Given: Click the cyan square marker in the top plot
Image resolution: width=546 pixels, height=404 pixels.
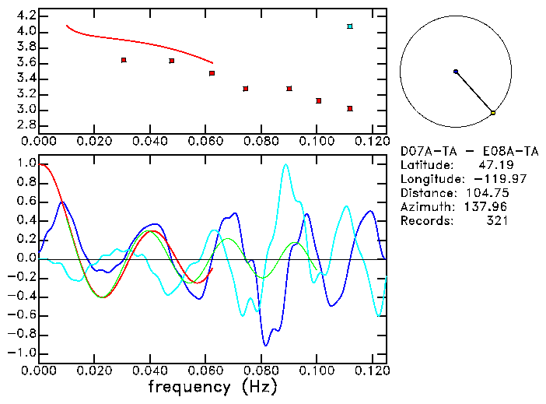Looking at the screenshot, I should click(x=350, y=26).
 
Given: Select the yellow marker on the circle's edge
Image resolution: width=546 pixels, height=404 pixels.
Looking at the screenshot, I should click(x=493, y=113).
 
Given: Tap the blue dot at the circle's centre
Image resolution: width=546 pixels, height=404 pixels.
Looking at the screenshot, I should click(x=456, y=72).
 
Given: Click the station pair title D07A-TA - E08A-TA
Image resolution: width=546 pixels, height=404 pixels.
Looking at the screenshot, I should click(x=468, y=151).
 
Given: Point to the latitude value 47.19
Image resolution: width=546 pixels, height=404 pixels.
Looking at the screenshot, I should click(x=491, y=165).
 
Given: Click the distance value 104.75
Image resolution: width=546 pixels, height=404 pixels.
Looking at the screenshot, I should click(x=487, y=193).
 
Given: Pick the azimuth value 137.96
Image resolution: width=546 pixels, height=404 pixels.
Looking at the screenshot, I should click(x=487, y=207).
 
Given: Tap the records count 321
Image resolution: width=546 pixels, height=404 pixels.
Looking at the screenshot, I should click(x=497, y=221).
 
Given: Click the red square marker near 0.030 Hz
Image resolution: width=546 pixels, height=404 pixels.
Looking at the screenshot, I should click(x=124, y=60).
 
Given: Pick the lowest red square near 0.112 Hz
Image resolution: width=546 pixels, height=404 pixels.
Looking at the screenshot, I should click(x=350, y=108).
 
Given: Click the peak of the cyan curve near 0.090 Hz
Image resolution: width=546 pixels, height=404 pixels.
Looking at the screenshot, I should click(x=286, y=165).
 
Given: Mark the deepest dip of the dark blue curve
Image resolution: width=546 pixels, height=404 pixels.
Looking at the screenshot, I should click(x=265, y=345).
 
